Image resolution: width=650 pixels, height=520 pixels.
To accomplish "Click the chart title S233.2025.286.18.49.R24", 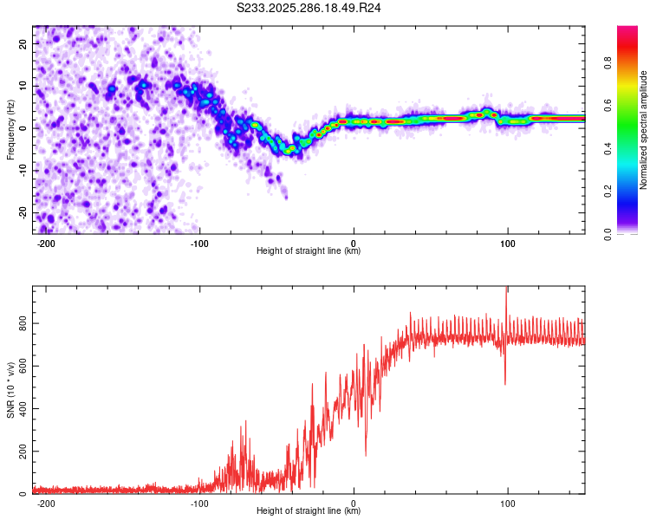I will coord(309,8).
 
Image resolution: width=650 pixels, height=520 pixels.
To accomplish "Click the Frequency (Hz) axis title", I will coord(10,130).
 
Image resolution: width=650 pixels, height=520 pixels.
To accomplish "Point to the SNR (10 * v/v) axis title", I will coord(10,390).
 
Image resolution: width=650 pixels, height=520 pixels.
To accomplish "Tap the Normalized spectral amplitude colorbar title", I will coord(644,130).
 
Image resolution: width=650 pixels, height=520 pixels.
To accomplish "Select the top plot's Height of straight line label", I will coord(309,250).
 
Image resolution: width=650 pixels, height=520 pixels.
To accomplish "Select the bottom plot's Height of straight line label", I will coord(309,510).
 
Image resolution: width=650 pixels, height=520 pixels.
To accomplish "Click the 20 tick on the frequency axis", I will coord(24,43).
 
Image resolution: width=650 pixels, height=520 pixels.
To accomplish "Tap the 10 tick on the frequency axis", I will coord(24,86).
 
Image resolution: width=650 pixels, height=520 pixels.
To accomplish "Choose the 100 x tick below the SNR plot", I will coord(507,502).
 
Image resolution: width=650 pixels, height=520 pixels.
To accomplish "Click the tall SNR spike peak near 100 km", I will coord(506,289).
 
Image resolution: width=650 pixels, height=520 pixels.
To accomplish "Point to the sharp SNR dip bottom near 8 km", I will coord(366,456).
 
